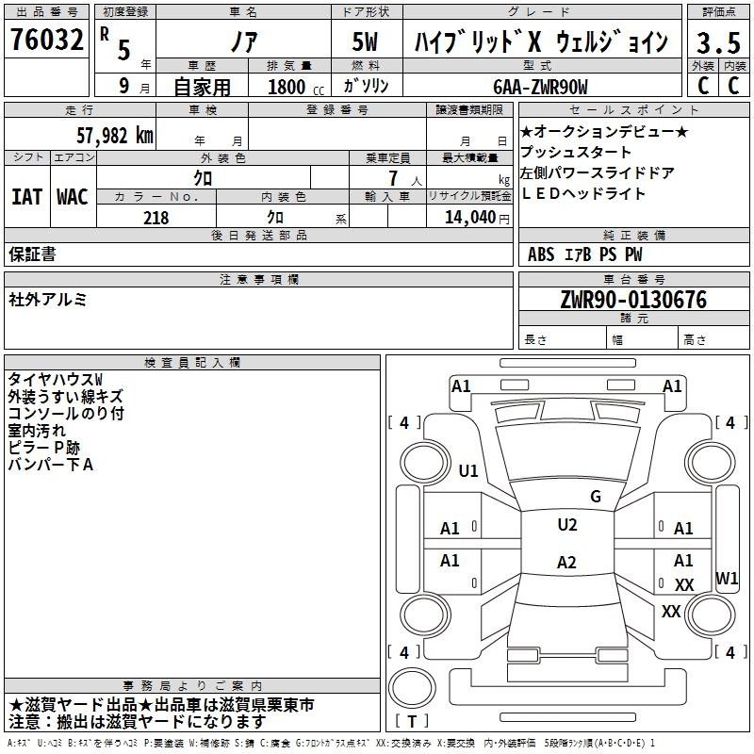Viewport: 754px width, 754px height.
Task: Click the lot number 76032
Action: pyautogui.click(x=46, y=39)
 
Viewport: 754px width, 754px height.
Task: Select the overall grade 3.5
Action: pyautogui.click(x=718, y=42)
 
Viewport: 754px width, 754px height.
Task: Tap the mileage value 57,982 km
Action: pyautogui.click(x=115, y=136)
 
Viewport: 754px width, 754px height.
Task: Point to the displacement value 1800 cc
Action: pyautogui.click(x=296, y=87)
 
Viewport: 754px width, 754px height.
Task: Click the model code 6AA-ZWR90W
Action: pyautogui.click(x=540, y=87)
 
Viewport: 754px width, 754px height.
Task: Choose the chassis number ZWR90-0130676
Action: pyautogui.click(x=633, y=300)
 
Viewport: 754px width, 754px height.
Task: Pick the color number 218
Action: pyautogui.click(x=156, y=218)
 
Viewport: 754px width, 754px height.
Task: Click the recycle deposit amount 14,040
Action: pyautogui.click(x=470, y=218)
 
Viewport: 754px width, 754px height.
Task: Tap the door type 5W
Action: pyautogui.click(x=365, y=41)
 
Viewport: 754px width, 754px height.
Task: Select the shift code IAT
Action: pyautogui.click(x=26, y=197)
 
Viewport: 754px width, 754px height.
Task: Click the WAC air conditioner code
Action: pyautogui.click(x=73, y=197)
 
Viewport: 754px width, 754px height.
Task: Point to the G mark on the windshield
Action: pyautogui.click(x=596, y=497)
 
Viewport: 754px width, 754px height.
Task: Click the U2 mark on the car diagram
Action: pyautogui.click(x=567, y=525)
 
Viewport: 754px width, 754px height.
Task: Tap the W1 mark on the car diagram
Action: pyautogui.click(x=727, y=579)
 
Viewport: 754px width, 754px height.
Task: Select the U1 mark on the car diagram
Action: pyautogui.click(x=468, y=470)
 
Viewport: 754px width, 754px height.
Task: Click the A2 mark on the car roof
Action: pyautogui.click(x=566, y=562)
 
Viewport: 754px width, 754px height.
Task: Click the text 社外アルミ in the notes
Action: pyautogui.click(x=48, y=300)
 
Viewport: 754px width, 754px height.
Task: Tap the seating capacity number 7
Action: pyautogui.click(x=393, y=178)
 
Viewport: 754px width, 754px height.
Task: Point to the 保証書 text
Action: pyautogui.click(x=32, y=254)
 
